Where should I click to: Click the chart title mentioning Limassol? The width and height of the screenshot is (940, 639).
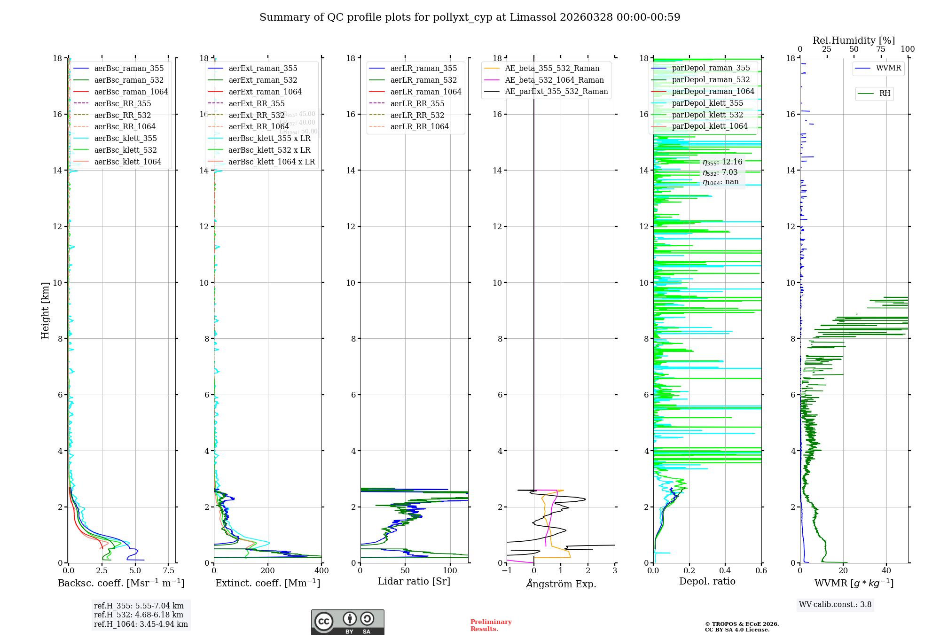click(470, 17)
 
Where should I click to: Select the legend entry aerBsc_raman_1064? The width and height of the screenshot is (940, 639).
click(131, 92)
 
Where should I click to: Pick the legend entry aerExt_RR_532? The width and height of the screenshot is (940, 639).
click(256, 115)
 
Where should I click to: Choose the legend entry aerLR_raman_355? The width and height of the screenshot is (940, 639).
click(423, 69)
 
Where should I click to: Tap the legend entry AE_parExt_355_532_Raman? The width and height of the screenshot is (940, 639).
click(556, 92)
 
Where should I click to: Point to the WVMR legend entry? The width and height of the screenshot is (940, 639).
click(888, 68)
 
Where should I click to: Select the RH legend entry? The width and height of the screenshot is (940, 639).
click(885, 94)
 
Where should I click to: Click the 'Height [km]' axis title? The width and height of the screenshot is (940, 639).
click(45, 311)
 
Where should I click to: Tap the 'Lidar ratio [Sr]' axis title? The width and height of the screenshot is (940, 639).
click(414, 582)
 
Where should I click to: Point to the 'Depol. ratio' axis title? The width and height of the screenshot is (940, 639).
click(707, 582)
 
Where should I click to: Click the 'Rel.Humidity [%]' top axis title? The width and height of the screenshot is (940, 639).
click(854, 40)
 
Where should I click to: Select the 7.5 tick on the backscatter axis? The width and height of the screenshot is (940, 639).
click(169, 571)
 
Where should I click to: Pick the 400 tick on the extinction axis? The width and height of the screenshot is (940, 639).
click(321, 571)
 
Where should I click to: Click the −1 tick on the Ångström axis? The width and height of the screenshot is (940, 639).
click(507, 571)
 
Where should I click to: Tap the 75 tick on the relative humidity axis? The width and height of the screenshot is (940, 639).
click(881, 49)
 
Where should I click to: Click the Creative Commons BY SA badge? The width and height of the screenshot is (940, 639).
click(347, 622)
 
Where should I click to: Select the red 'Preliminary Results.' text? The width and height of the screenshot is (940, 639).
click(491, 625)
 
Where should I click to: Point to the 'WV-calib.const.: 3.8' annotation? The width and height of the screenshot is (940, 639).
click(835, 605)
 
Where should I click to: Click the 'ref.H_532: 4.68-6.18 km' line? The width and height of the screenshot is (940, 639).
click(139, 615)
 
